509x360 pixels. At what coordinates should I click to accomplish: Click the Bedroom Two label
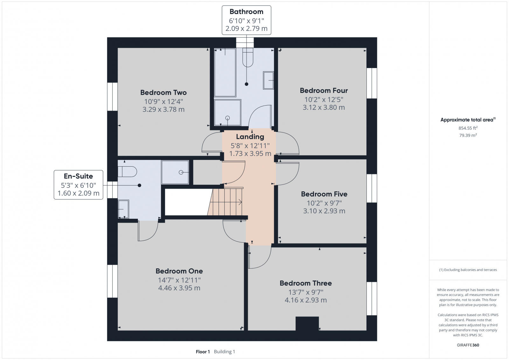(x=163, y=93)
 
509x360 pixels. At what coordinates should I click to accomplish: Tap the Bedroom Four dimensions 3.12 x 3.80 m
(x=324, y=107)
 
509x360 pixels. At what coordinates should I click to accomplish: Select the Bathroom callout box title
(x=246, y=12)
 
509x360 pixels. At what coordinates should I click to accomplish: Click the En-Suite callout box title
(x=78, y=176)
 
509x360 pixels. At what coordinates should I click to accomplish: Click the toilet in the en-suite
(x=127, y=172)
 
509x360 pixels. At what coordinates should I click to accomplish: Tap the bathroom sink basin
(x=268, y=80)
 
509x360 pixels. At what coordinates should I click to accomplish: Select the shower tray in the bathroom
(x=227, y=113)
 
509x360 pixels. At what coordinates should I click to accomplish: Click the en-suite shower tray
(x=175, y=172)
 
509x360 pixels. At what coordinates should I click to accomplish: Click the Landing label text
(x=250, y=137)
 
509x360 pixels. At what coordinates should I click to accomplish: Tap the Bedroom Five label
(x=324, y=194)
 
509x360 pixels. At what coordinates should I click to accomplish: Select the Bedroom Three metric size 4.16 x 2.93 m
(x=305, y=300)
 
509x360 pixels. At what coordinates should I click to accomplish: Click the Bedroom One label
(x=179, y=271)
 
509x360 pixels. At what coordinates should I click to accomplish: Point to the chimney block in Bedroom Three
(x=307, y=323)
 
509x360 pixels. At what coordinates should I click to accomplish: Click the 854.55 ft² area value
(x=468, y=128)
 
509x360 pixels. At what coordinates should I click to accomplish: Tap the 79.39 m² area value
(x=468, y=135)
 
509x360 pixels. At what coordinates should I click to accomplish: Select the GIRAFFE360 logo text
(x=468, y=345)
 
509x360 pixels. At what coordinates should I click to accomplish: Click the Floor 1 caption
(x=203, y=352)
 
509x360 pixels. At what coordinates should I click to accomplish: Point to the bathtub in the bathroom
(x=225, y=73)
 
